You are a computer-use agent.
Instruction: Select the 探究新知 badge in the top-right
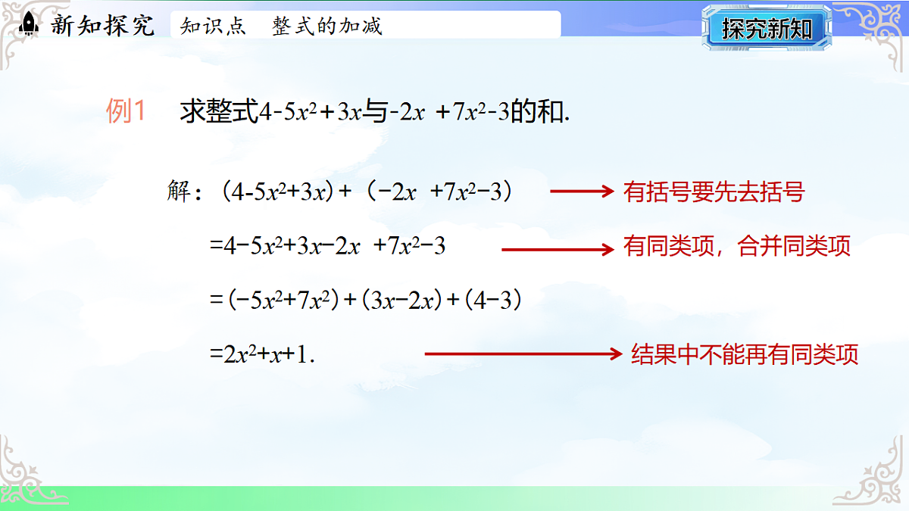coord(767,29)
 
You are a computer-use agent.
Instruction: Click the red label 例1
coord(126,113)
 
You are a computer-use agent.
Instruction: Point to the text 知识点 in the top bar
coord(213,26)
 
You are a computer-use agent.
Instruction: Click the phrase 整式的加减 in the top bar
coord(327,26)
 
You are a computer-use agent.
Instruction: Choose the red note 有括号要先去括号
coord(713,192)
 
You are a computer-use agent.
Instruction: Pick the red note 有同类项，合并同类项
coord(737,247)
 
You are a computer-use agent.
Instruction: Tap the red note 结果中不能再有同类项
coord(745,354)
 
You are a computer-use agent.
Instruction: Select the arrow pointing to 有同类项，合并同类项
coord(557,248)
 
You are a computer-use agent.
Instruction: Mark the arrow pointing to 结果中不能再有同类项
coord(523,354)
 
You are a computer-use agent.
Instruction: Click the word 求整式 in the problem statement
coord(219,113)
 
